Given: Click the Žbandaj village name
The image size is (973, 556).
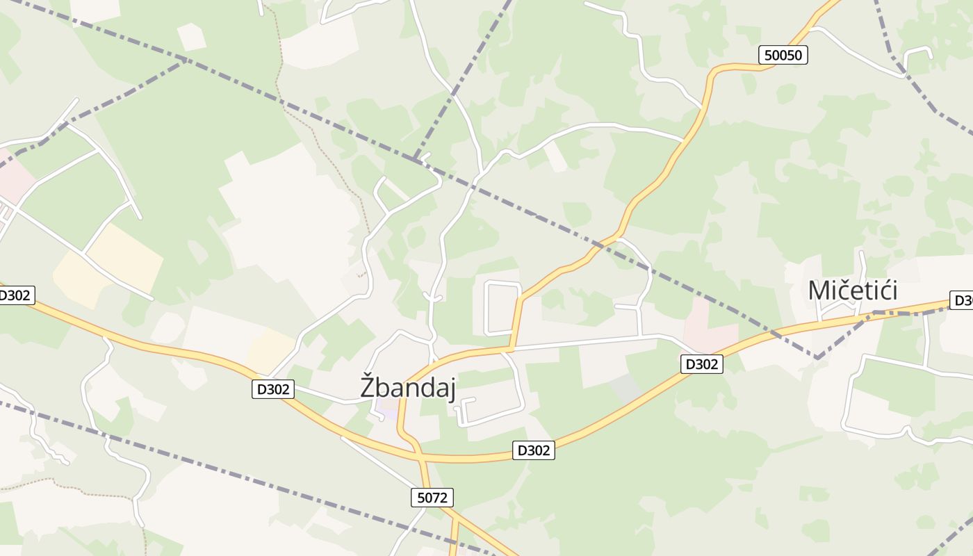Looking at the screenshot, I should click(407, 388).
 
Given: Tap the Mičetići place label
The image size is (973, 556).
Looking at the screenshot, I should click(852, 291).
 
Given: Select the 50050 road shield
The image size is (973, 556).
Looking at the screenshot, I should click(783, 55).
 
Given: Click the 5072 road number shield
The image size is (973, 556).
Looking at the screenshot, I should click(432, 497).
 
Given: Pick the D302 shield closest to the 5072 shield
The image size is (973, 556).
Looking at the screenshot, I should click(534, 450).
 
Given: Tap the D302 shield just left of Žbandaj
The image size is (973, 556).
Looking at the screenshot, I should click(272, 389).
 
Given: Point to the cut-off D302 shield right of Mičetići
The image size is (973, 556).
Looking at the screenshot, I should click(963, 300).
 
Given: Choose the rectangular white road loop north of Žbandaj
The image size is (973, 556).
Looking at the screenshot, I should click(502, 308).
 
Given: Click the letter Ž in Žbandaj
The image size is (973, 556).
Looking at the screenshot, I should click(369, 386).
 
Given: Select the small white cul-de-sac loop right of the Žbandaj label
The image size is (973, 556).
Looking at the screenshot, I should click(464, 410).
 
